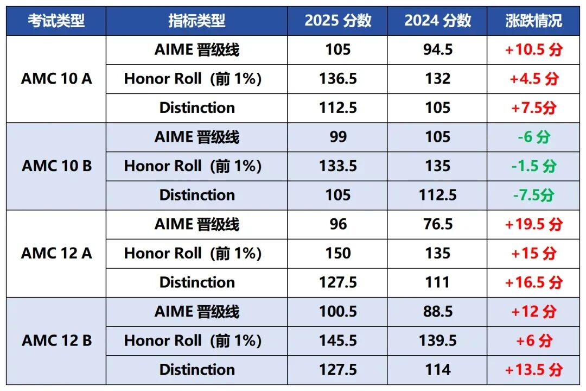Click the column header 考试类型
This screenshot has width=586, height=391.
(56, 21)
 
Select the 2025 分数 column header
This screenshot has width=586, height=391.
(337, 21)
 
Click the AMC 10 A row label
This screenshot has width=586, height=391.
(56, 79)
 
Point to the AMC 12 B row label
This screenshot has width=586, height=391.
(56, 340)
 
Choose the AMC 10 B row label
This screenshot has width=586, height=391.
(56, 166)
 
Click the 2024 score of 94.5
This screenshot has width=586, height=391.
(437, 50)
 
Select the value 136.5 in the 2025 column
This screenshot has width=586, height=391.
(337, 79)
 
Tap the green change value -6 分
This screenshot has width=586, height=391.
(533, 137)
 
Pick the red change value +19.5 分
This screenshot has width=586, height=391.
(533, 224)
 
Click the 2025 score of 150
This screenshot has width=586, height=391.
(337, 254)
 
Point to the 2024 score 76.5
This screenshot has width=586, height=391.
(437, 224)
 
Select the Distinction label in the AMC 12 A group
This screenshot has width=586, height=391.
(197, 282)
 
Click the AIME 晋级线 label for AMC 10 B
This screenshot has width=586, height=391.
(197, 137)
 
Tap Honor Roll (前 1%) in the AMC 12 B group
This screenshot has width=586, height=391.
(193, 340)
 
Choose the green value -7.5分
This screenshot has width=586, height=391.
(533, 195)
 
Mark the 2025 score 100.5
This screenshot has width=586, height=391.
(337, 312)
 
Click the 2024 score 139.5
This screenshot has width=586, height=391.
(437, 340)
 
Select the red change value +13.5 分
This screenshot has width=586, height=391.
(533, 370)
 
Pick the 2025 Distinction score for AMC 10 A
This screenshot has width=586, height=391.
(337, 108)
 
